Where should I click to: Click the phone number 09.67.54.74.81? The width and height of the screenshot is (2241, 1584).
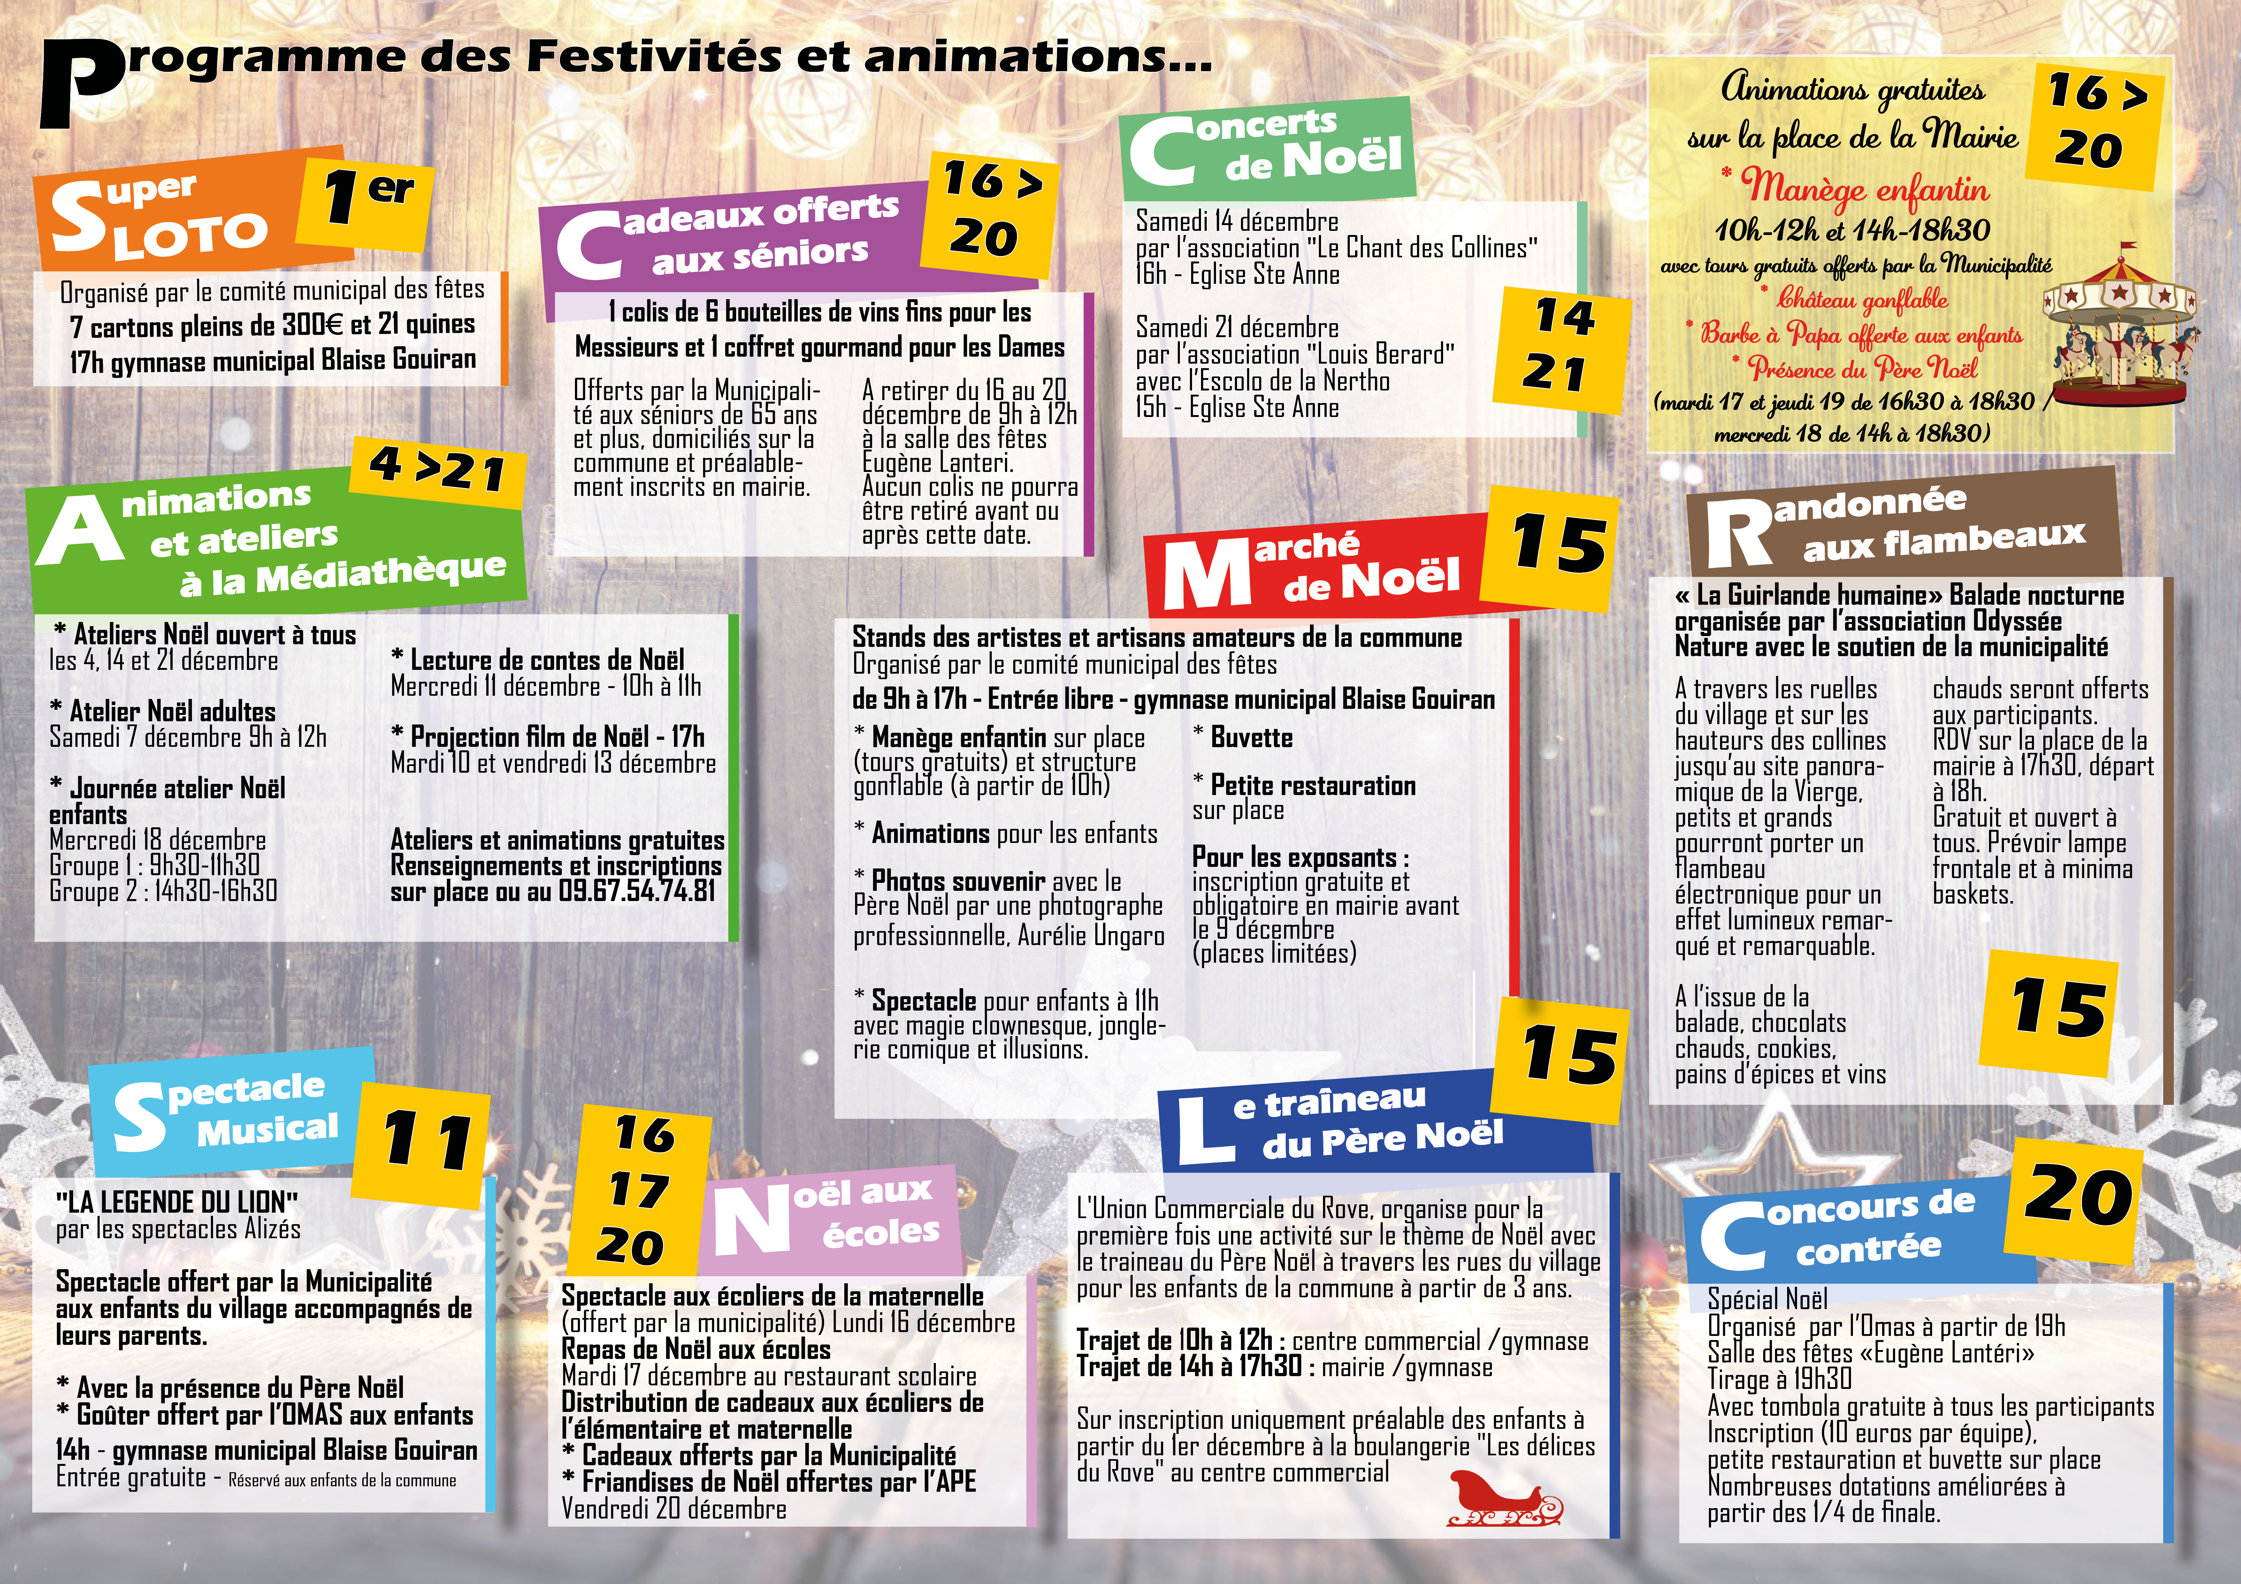[636, 891]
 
